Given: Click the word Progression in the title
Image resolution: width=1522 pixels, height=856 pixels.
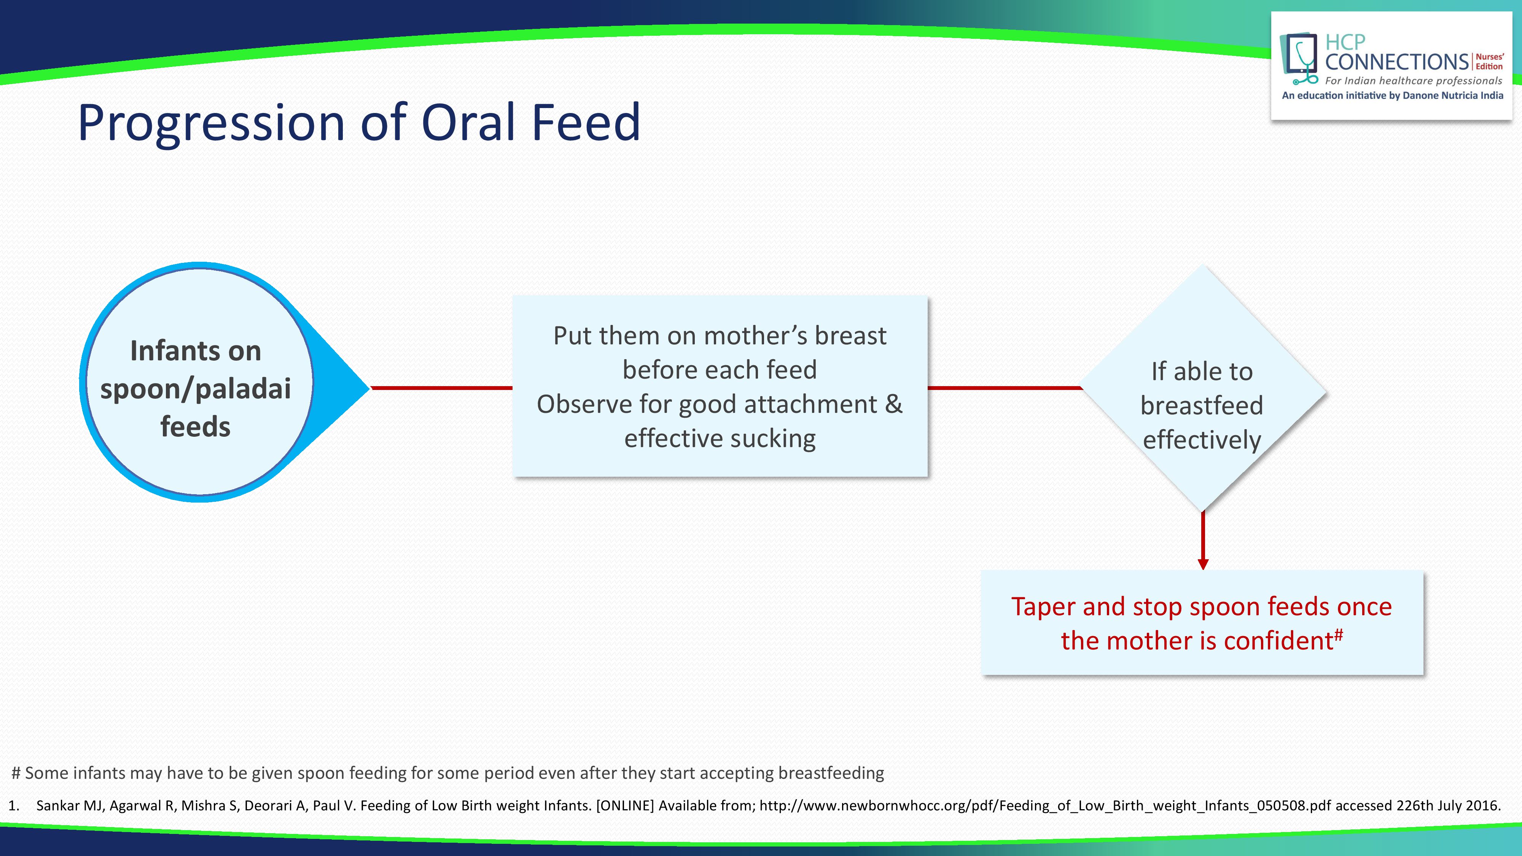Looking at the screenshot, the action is (212, 123).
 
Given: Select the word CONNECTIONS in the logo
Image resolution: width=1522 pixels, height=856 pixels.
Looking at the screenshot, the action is (1397, 61).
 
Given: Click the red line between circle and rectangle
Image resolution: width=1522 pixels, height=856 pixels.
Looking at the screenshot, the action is (441, 388).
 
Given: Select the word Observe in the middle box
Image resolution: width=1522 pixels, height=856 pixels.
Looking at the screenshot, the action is (584, 404).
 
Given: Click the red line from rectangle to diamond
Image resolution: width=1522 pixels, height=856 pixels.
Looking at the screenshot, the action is (1005, 388).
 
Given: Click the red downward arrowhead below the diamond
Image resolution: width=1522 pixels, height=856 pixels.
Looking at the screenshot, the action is (1203, 563).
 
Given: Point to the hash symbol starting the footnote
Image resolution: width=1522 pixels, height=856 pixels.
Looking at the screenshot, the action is (16, 773).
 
